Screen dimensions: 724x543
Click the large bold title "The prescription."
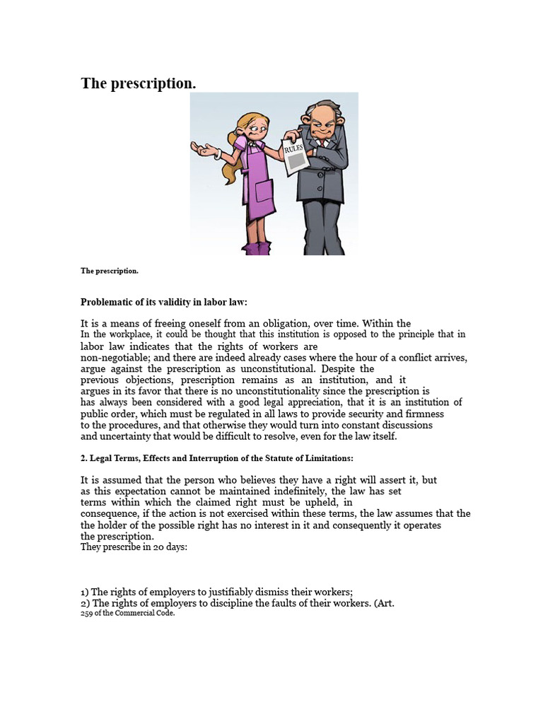pyautogui.click(x=138, y=83)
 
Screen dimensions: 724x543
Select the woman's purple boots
pyautogui.click(x=256, y=247)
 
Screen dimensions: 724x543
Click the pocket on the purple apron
pyautogui.click(x=264, y=191)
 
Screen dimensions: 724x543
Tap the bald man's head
pyautogui.click(x=322, y=113)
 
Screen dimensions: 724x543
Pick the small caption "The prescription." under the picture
pyautogui.click(x=110, y=271)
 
